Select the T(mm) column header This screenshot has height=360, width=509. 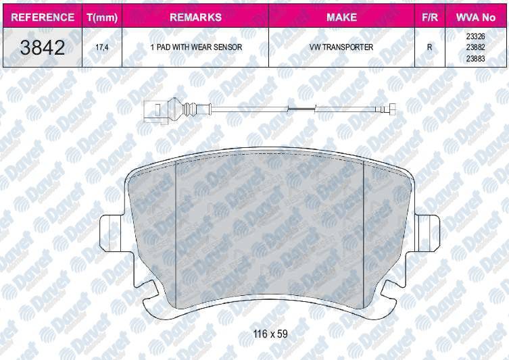(99, 17)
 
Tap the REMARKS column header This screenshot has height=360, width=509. (195, 17)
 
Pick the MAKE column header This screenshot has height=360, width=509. (341, 17)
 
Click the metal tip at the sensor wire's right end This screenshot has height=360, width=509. (391, 111)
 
